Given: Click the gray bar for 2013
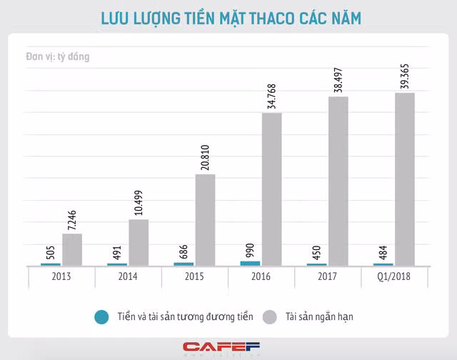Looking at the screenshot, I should pos(72,249).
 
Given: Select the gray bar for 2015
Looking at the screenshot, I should pos(205,220).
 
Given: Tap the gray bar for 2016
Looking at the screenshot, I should pos(271,189).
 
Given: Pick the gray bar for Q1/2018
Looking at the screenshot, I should pos(405,179).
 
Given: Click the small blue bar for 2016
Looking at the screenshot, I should pos(250,264).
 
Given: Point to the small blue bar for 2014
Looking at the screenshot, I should pos(117,264).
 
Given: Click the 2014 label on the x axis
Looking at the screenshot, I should pos(128,276).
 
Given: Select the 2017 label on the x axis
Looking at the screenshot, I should pos(328,276).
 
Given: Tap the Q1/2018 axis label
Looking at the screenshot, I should pos(394,276).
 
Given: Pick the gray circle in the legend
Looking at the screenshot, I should pos(270,315).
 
